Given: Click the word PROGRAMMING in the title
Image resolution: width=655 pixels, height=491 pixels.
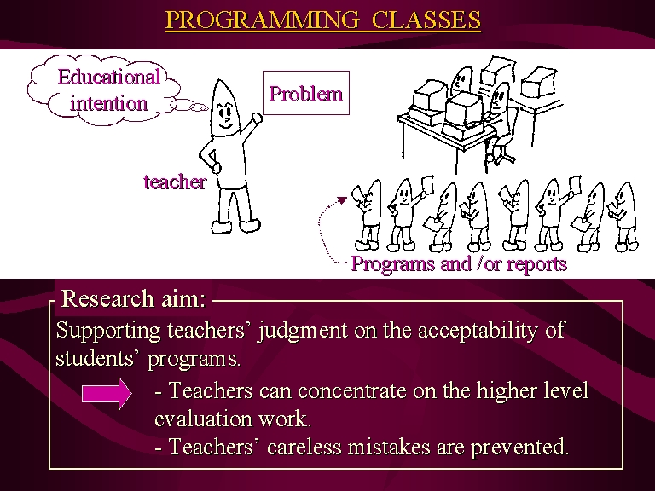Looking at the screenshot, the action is point(263,20).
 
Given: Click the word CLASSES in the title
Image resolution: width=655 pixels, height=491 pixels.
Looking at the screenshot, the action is point(426,20).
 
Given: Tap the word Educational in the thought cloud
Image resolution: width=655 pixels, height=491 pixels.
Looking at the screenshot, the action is point(109,77).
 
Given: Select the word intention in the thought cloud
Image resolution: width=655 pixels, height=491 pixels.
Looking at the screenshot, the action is point(108,103).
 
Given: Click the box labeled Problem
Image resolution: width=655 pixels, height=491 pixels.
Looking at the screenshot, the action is point(306,93).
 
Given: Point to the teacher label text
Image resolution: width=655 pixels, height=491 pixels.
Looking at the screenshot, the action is point(175,182).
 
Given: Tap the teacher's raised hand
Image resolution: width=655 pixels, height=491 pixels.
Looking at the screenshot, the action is point(257,118).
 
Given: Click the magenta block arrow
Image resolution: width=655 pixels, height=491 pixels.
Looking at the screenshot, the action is point(107,393).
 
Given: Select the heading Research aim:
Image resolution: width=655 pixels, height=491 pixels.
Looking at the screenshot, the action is point(134,298).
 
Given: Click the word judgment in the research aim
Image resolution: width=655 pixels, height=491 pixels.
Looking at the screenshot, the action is point(303,331).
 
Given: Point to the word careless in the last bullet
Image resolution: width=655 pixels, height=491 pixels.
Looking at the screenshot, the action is point(304,447).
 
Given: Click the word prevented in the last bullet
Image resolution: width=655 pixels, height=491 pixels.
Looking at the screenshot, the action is point(519,448).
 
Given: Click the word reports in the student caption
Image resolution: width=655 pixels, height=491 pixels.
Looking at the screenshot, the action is point(536,265).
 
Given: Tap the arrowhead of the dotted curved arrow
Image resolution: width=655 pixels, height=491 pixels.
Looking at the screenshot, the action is point(343,200).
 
